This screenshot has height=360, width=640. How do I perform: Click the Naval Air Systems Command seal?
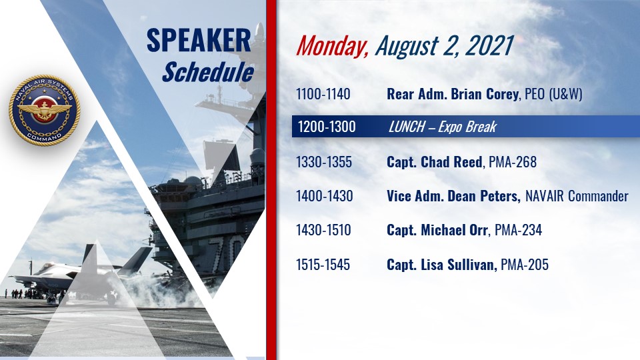[45, 110]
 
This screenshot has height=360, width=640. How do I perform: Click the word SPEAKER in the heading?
[199, 41]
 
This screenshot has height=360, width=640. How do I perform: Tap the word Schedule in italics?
[208, 72]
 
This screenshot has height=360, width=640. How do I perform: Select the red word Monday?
[332, 46]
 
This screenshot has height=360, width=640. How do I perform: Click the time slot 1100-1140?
[323, 94]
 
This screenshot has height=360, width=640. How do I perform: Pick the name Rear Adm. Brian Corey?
[453, 94]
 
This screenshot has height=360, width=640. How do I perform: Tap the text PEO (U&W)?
[553, 94]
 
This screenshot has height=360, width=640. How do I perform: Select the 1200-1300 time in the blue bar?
[327, 127]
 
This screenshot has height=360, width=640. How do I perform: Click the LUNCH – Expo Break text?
[443, 127]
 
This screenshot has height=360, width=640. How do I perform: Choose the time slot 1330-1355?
[324, 162]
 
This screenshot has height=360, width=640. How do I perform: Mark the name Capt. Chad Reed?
[434, 162]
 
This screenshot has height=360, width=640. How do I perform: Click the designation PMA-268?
[513, 162]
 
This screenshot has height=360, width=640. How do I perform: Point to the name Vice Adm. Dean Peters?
[453, 196]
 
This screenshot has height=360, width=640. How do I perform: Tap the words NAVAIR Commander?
[577, 196]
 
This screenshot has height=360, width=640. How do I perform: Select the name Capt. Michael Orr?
[437, 230]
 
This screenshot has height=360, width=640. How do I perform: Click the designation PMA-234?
[519, 230]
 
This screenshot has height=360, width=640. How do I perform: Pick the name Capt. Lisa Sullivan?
[441, 265]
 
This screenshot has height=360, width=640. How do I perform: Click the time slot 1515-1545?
[323, 265]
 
